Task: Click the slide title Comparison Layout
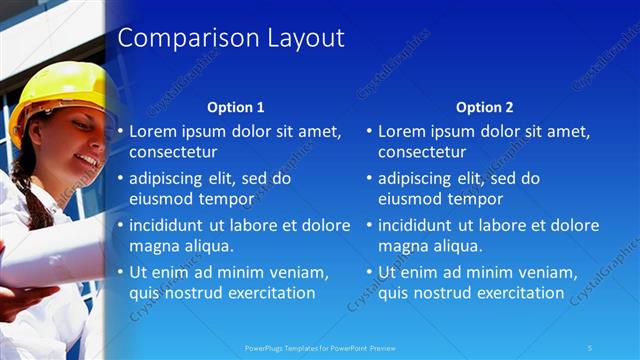[231, 39]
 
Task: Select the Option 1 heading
[235, 107]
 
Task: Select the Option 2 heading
[484, 107]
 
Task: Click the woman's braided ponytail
[33, 185]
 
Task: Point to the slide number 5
[590, 347]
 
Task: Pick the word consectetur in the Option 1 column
[173, 152]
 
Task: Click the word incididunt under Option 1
[169, 225]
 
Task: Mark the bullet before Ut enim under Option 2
[369, 272]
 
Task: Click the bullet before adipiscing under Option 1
[120, 178]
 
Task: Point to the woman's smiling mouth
[87, 159]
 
